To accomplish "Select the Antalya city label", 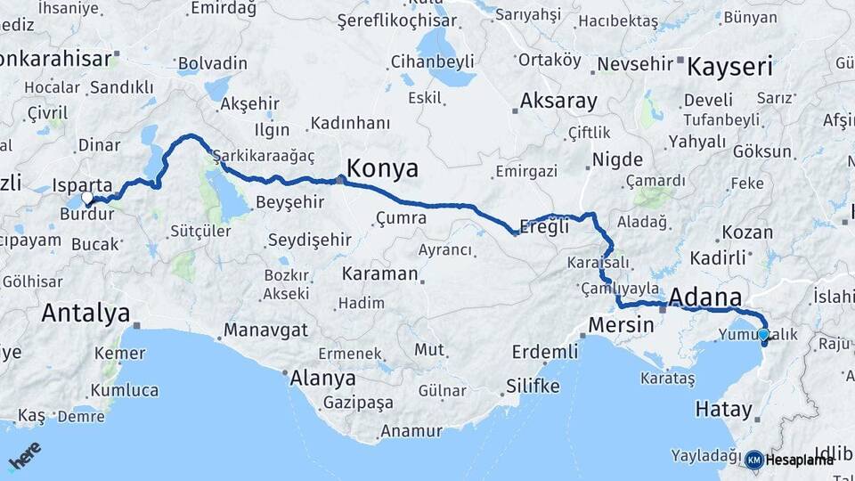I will coord(85,313).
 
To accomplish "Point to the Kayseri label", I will coord(729,66).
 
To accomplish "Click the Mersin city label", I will coord(623,324).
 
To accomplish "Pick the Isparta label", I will coord(83,184).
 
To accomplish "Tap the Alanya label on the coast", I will coord(322,378).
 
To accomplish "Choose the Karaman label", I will coord(379,273).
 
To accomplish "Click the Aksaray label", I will coord(558,101).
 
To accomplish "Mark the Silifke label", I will coord(533,386).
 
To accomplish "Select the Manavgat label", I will coord(265,330).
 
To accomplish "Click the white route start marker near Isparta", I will coord(86,198).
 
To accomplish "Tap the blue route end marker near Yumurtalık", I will coord(763,335).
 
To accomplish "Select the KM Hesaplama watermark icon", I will coord(754,460).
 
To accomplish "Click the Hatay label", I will coord(723,410).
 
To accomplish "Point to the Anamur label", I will coord(411,431).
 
